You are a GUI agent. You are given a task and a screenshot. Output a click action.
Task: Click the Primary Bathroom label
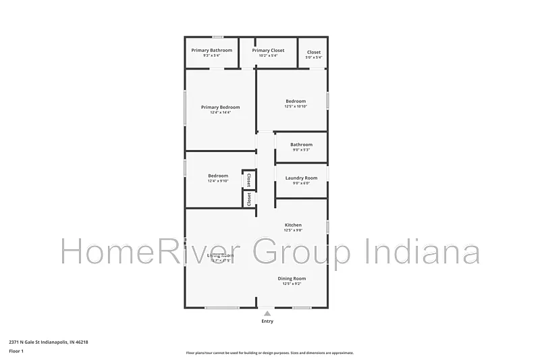[211, 51]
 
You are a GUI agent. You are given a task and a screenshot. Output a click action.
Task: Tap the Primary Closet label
[268, 51]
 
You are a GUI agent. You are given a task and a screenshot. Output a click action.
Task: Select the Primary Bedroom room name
[220, 107]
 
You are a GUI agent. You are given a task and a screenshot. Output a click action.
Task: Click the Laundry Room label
[301, 178]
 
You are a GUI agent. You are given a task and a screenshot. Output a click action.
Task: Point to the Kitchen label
[293, 225]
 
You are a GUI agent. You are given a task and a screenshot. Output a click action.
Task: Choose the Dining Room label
[292, 278]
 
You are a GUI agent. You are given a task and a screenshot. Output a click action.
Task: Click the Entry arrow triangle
[267, 313]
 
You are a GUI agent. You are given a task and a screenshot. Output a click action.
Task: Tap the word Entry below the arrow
[267, 322]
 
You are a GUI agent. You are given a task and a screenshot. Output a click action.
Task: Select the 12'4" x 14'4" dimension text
[220, 113]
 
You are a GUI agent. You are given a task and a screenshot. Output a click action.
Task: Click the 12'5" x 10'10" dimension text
[296, 107]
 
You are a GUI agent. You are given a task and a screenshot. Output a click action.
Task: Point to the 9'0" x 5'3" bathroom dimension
[301, 150]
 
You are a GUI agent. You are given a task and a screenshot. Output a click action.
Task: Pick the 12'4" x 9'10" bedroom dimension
[218, 181]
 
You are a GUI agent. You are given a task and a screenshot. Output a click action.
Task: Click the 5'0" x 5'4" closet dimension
[314, 57]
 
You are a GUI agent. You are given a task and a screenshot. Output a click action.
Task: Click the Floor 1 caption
[16, 351]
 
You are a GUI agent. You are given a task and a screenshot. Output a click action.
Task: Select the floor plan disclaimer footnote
[269, 353]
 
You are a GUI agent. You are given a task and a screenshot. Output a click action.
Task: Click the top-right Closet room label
[314, 52]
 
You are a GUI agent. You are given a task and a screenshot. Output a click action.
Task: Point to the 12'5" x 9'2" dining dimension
[292, 284]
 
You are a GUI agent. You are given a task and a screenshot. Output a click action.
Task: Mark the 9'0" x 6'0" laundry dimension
[301, 184]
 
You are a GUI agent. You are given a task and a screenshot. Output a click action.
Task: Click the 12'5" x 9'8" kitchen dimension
[293, 230]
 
